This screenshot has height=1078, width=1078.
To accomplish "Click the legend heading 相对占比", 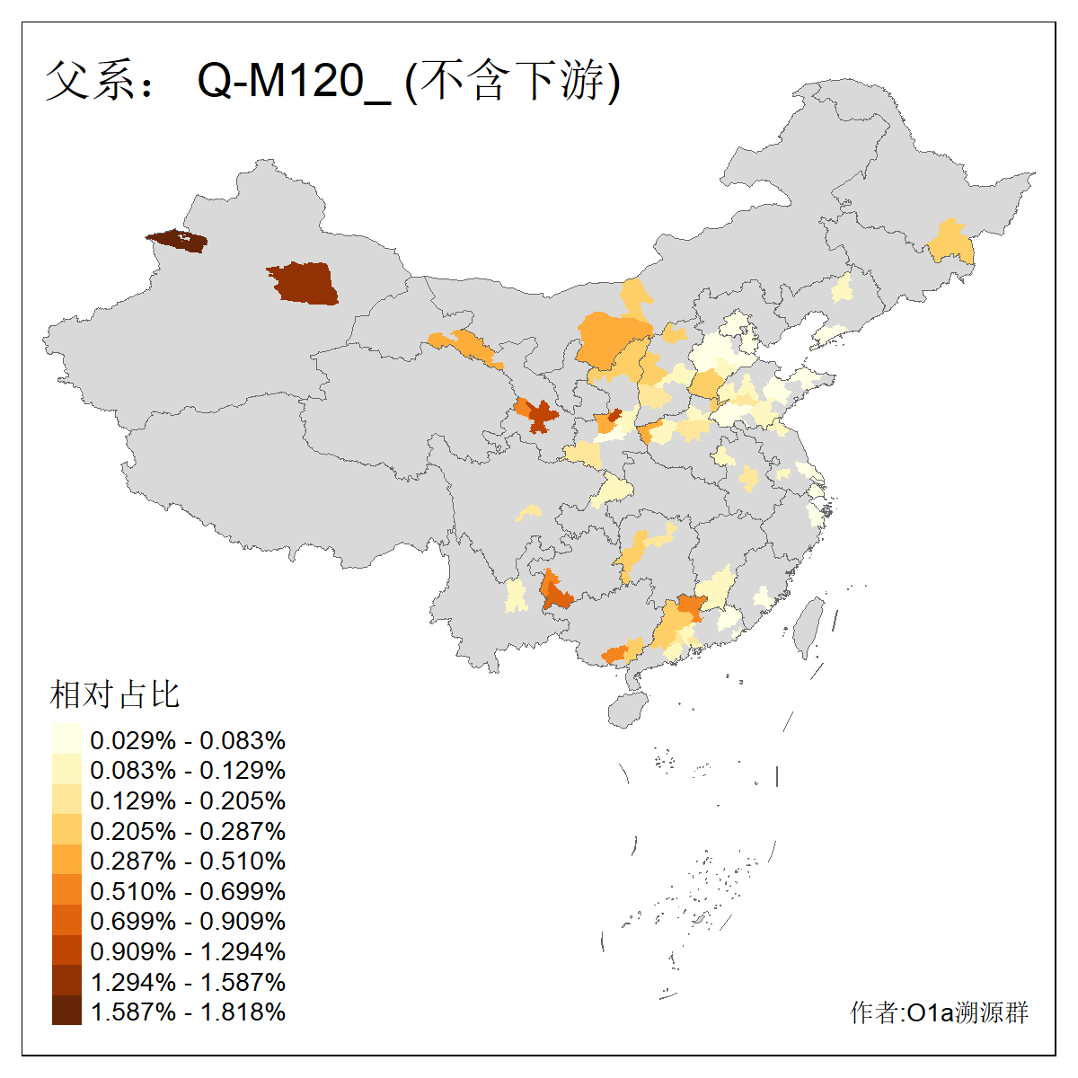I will pyautogui.click(x=115, y=694).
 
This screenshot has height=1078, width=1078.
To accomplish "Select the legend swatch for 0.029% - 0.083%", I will pyautogui.click(x=66, y=739).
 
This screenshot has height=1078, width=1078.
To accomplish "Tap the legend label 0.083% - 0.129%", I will pyautogui.click(x=188, y=770).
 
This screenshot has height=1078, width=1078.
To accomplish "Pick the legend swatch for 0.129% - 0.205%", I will pyautogui.click(x=66, y=800).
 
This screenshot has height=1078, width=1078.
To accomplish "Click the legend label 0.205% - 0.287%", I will pyautogui.click(x=188, y=831).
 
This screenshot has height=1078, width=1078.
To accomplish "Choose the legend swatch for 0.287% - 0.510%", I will pyautogui.click(x=66, y=861).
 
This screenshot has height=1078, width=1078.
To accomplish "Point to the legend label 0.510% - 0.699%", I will pyautogui.click(x=188, y=891).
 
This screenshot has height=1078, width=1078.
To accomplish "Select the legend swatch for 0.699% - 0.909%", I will pyautogui.click(x=66, y=921).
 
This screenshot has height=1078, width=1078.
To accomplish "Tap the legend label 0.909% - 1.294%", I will pyautogui.click(x=188, y=951).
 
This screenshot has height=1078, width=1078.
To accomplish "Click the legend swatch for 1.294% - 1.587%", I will pyautogui.click(x=66, y=981).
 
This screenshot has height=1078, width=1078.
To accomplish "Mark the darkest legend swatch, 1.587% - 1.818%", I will pyautogui.click(x=66, y=1012).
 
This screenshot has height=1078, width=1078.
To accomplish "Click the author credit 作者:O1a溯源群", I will pyautogui.click(x=939, y=1012).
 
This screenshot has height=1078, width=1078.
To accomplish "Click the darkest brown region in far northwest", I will pyautogui.click(x=177, y=241).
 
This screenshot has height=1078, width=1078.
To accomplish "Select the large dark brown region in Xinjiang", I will pyautogui.click(x=304, y=284).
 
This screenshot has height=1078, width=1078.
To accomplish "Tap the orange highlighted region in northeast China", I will pyautogui.click(x=951, y=243).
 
